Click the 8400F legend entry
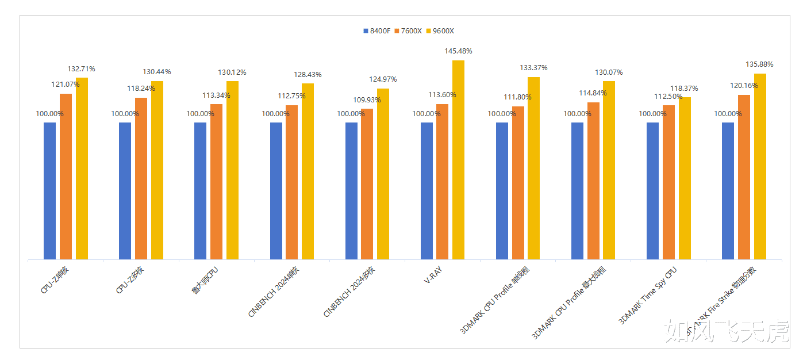pyautogui.click(x=377, y=31)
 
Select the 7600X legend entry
pyautogui.click(x=408, y=31)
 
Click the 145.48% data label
pyautogui.click(x=458, y=51)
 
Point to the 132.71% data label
pyautogui.click(x=82, y=69)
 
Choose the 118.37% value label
pyautogui.click(x=684, y=89)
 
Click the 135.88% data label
pyautogui.click(x=759, y=64)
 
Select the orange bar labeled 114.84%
pyautogui.click(x=593, y=181)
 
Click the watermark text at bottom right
pyautogui.click(x=727, y=331)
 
